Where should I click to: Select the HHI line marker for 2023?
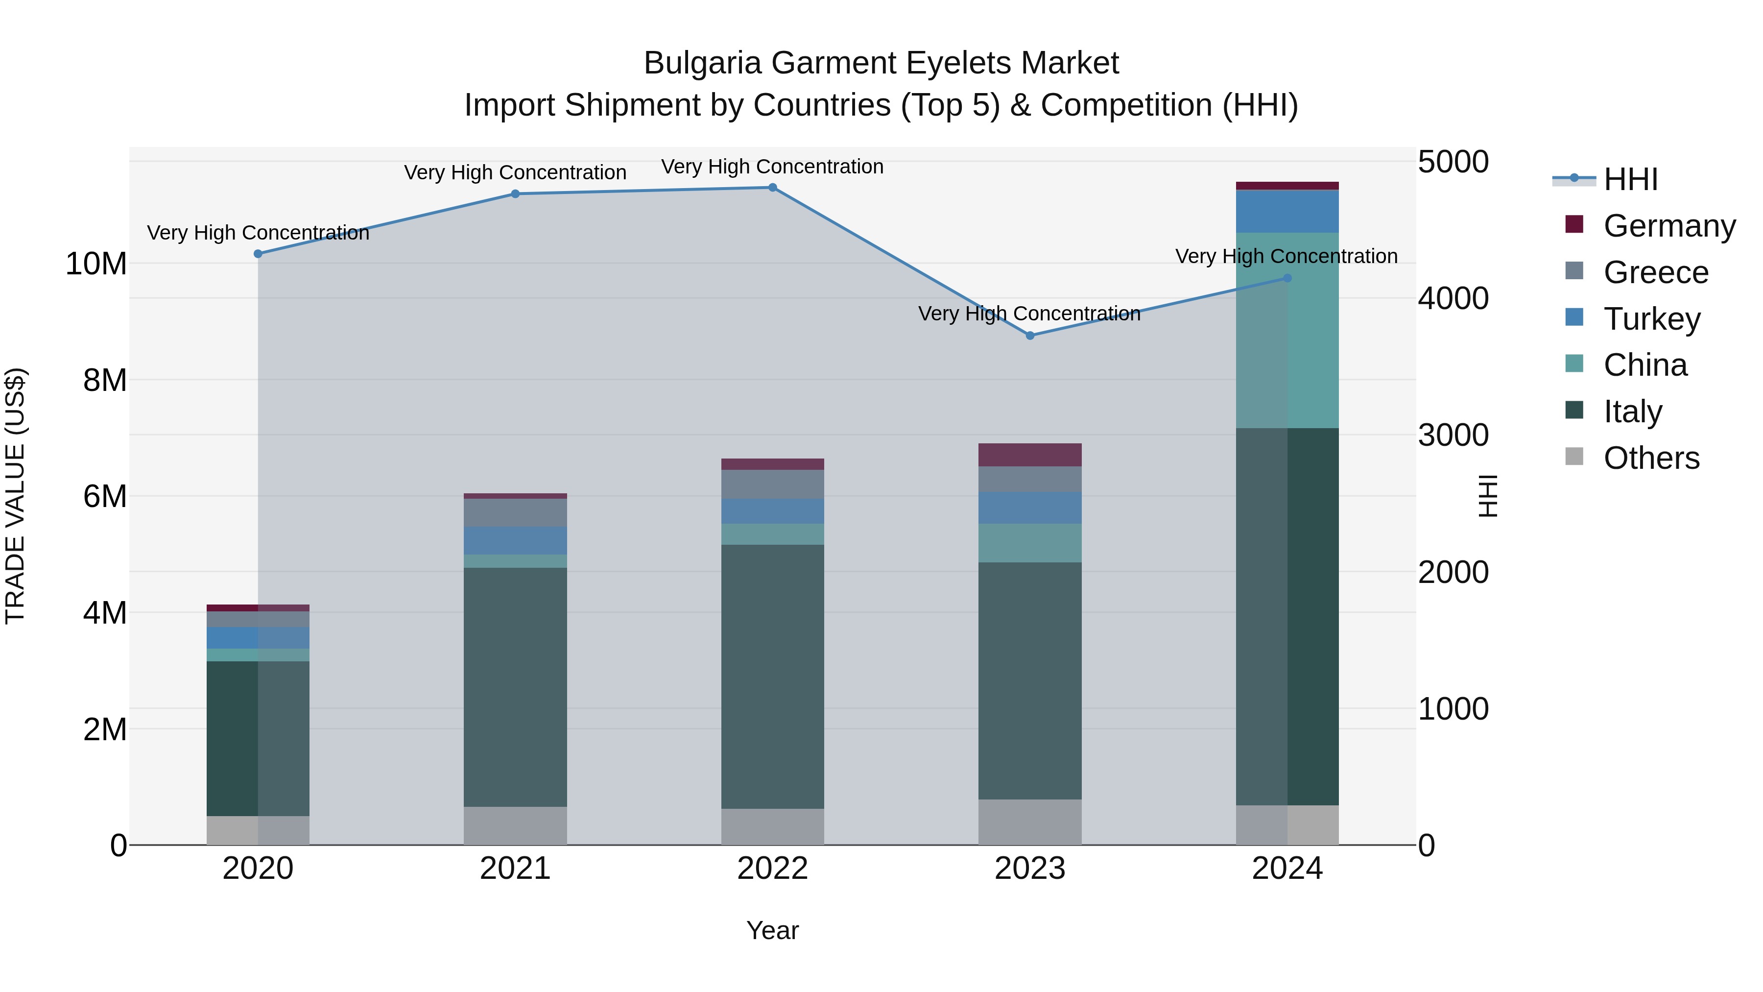click(x=1029, y=336)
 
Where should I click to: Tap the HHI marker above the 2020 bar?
click(x=258, y=254)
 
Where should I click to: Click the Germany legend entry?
click(x=1668, y=226)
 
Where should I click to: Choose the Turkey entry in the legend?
click(x=1651, y=319)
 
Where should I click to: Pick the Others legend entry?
click(x=1651, y=458)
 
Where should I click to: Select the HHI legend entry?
click(x=1630, y=179)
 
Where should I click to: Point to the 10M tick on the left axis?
click(x=96, y=264)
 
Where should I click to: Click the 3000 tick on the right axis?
click(x=1453, y=436)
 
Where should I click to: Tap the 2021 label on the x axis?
click(x=515, y=869)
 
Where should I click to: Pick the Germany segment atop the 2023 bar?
click(x=1029, y=455)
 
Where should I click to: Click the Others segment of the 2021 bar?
click(x=515, y=825)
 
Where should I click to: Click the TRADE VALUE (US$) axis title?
click(x=15, y=496)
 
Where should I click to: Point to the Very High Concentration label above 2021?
click(x=515, y=172)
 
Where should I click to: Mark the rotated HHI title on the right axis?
click(x=1487, y=496)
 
